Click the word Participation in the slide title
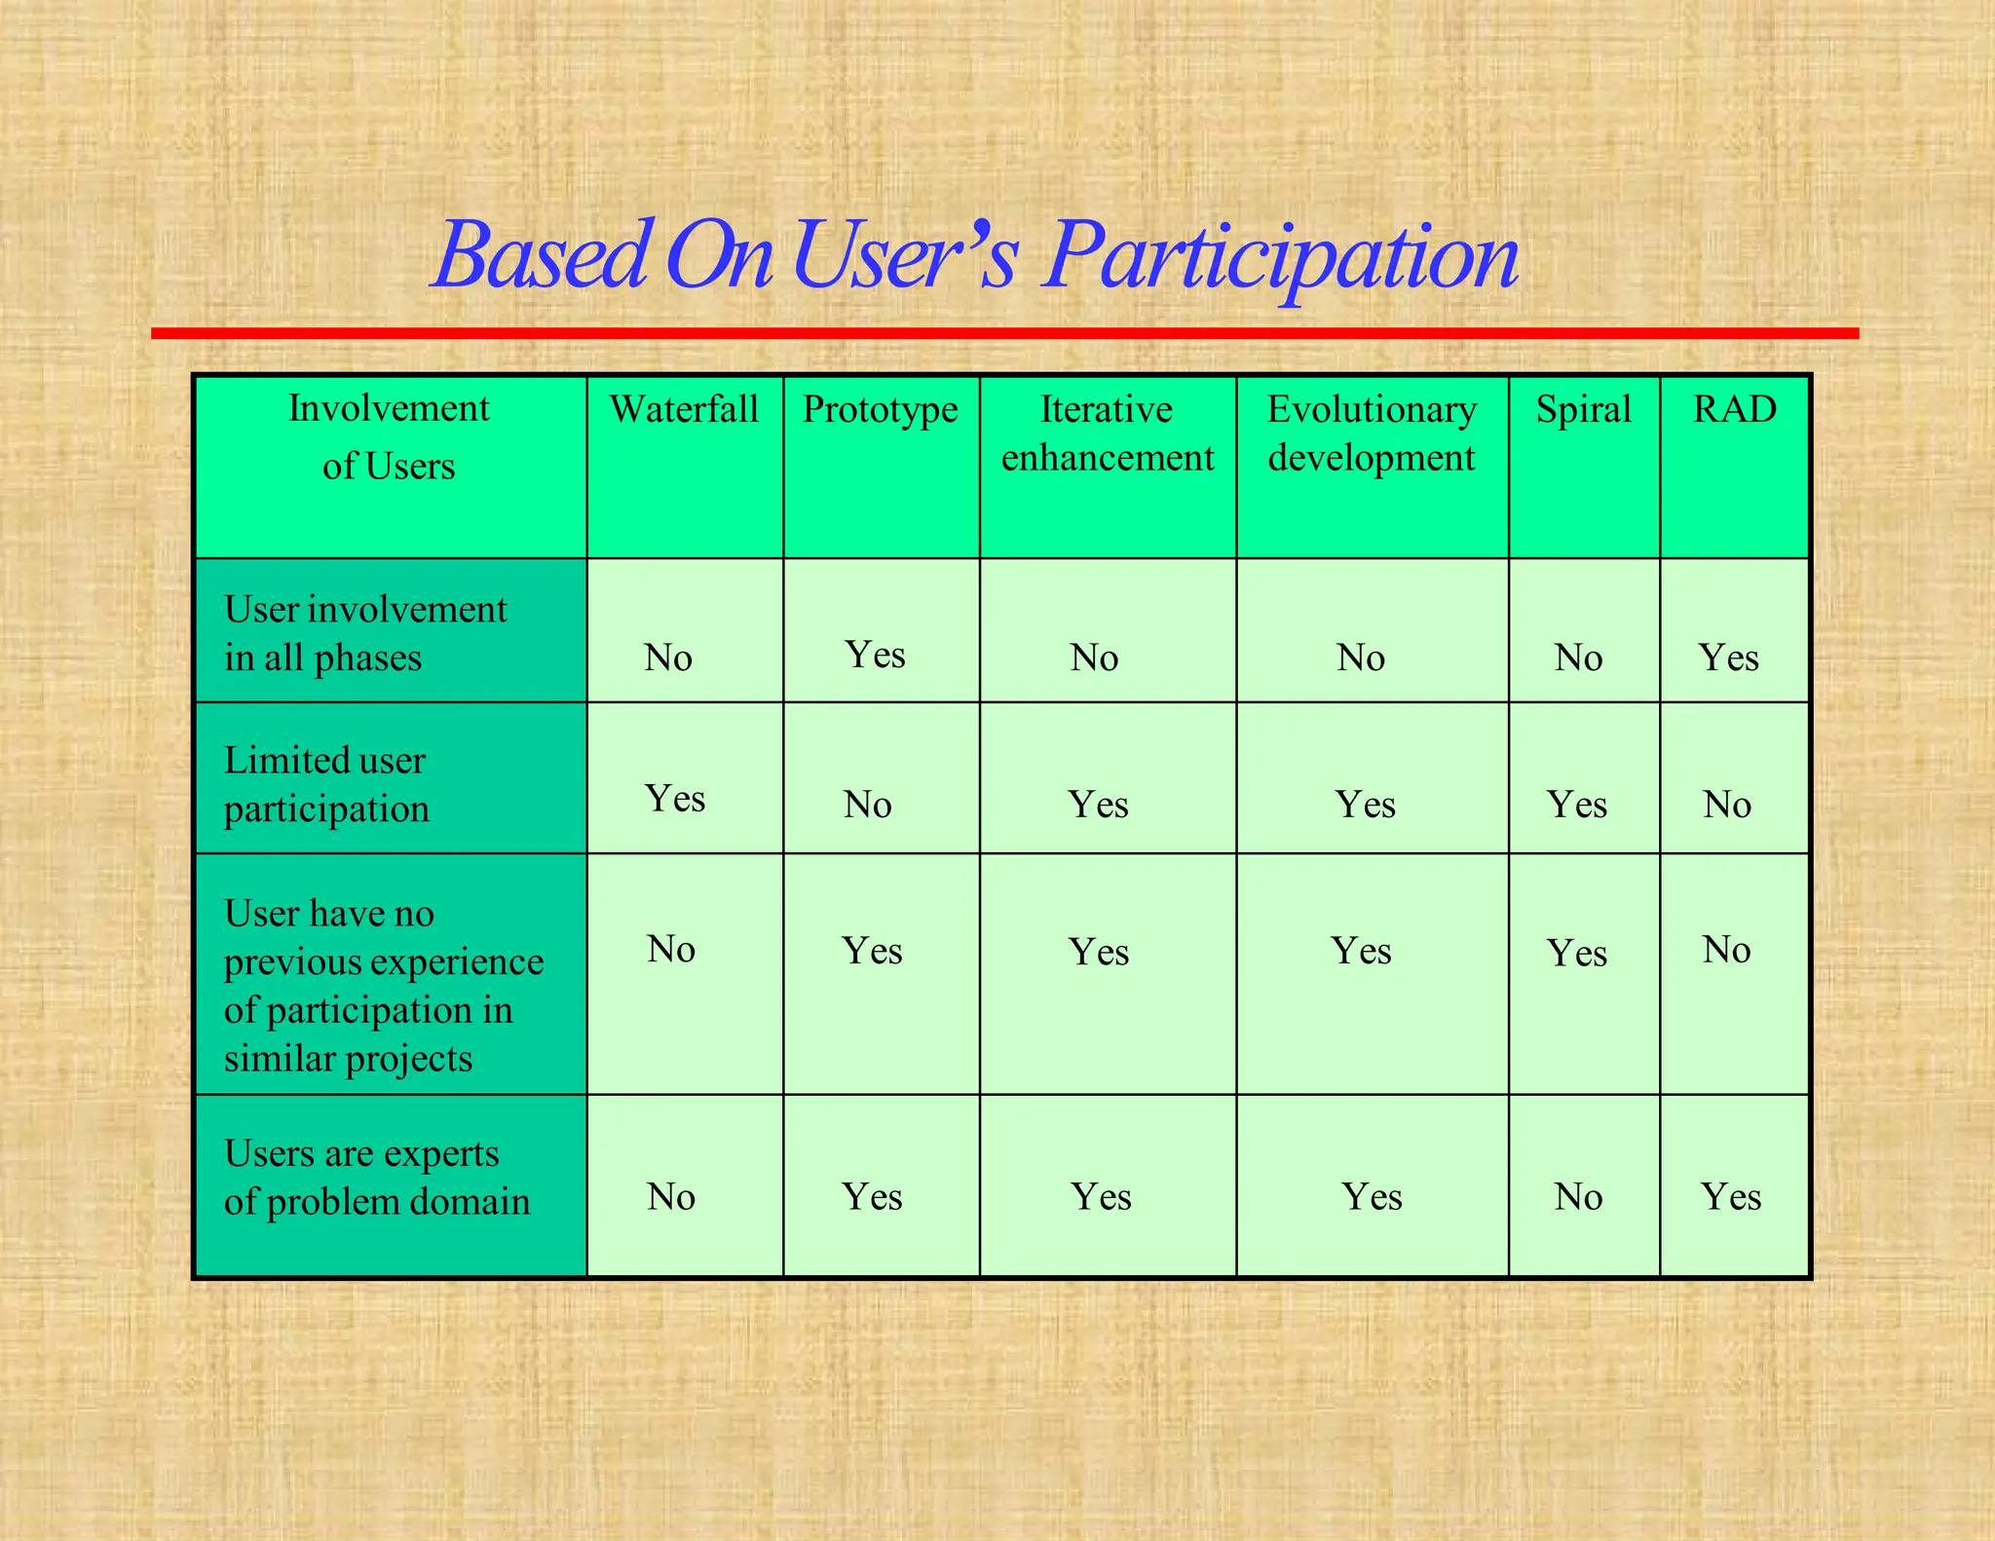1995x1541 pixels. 1280,256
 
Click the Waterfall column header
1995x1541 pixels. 684,409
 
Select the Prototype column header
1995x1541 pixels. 880,409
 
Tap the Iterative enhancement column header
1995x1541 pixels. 1108,433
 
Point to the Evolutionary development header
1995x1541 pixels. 1372,433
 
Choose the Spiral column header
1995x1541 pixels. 1583,409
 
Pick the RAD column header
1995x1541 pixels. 1734,409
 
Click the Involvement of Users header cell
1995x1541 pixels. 389,437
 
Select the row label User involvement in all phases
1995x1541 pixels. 365,633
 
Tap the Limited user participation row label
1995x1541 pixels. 326,784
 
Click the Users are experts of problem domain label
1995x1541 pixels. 377,1177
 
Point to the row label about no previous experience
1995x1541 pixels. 383,985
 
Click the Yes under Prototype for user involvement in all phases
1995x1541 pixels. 875,655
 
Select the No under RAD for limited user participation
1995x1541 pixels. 1726,805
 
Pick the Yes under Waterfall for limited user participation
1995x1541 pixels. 674,799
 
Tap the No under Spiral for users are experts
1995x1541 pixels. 1578,1197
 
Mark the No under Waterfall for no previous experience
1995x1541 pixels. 670,949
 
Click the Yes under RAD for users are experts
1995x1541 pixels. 1731,1197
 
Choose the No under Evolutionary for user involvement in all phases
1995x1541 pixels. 1360,658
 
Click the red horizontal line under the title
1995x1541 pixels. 1004,333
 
